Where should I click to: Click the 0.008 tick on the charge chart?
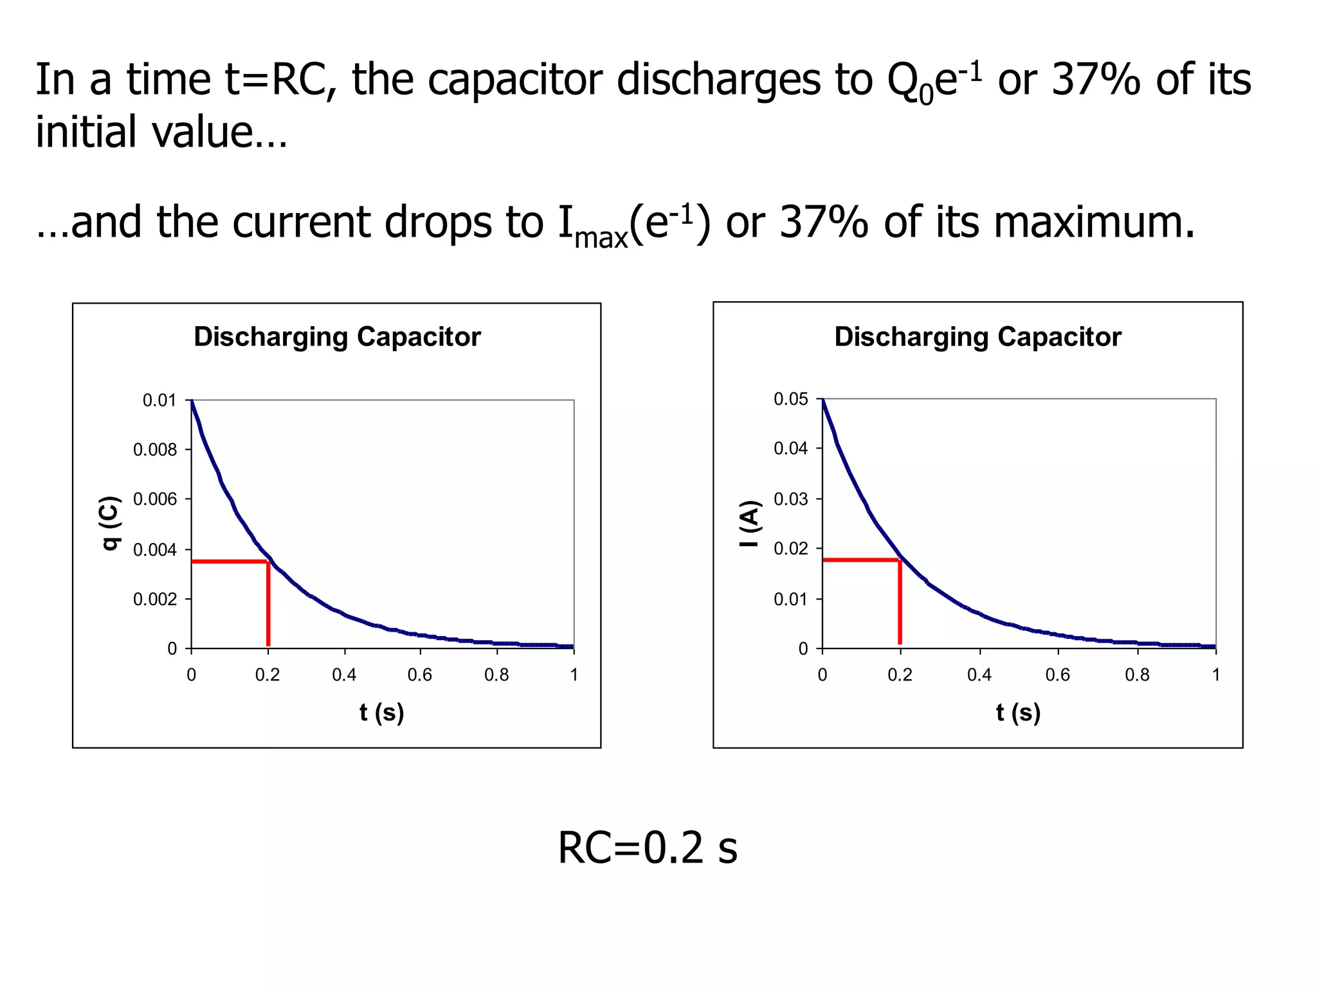click(x=155, y=450)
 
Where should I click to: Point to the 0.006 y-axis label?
click(x=155, y=499)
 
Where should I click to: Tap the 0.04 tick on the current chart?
click(x=791, y=448)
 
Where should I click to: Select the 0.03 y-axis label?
click(x=791, y=499)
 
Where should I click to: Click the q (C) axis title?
click(x=110, y=522)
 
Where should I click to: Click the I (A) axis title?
click(x=750, y=524)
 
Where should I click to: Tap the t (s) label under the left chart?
click(x=381, y=713)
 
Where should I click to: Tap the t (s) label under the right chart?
click(x=1018, y=713)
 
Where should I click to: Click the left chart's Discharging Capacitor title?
click(x=337, y=337)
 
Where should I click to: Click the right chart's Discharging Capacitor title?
click(x=977, y=337)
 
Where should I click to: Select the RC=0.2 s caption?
click(x=648, y=848)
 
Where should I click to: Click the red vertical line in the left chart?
click(x=268, y=605)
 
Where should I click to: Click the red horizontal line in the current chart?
click(x=860, y=560)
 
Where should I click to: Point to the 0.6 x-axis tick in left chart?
click(x=420, y=675)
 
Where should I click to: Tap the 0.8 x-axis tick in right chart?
click(x=1137, y=675)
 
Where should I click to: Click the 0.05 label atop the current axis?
click(x=791, y=399)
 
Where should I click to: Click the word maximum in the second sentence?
click(x=1094, y=223)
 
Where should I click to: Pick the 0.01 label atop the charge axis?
click(x=159, y=400)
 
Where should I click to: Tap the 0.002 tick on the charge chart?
click(x=155, y=599)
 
